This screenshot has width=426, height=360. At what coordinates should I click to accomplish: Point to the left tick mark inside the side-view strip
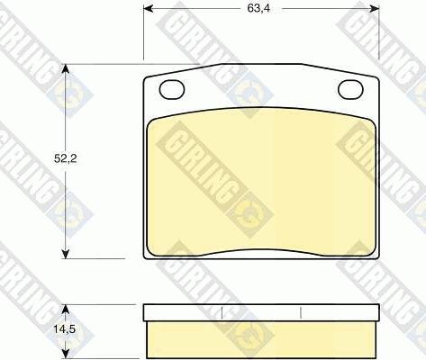tap(222, 312)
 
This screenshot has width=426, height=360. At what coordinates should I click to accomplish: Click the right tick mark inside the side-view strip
tap(300, 312)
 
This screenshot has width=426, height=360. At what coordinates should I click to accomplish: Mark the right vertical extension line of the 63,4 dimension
tap(379, 36)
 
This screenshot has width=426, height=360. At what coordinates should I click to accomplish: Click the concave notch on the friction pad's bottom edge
tap(261, 248)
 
